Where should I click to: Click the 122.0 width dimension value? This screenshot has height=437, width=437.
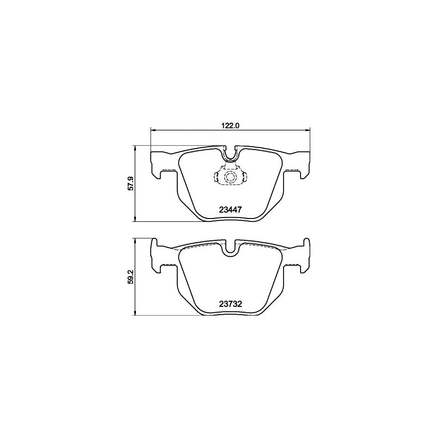231,125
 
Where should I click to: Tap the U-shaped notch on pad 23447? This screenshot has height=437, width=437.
231,154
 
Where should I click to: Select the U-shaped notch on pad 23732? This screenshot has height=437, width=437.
231,248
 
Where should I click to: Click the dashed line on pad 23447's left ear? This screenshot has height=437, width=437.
168,169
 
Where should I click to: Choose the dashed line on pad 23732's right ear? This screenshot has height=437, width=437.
292,264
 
